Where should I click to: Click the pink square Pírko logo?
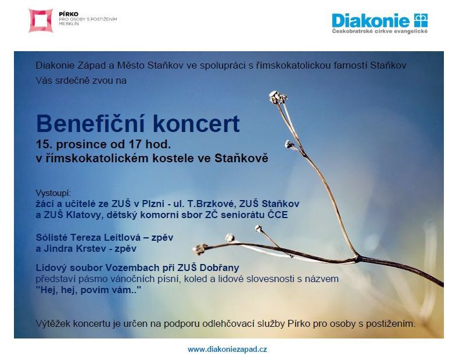(x=41, y=20)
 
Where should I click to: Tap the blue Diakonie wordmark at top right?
(x=371, y=20)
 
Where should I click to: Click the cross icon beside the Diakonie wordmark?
(x=421, y=20)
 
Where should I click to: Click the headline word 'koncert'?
(x=196, y=124)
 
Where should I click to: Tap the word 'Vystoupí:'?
(x=53, y=193)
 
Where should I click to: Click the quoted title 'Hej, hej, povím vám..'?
(x=88, y=290)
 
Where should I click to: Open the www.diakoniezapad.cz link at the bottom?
(x=227, y=349)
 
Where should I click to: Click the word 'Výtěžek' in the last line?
(x=53, y=324)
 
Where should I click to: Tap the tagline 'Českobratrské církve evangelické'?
(x=379, y=31)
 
